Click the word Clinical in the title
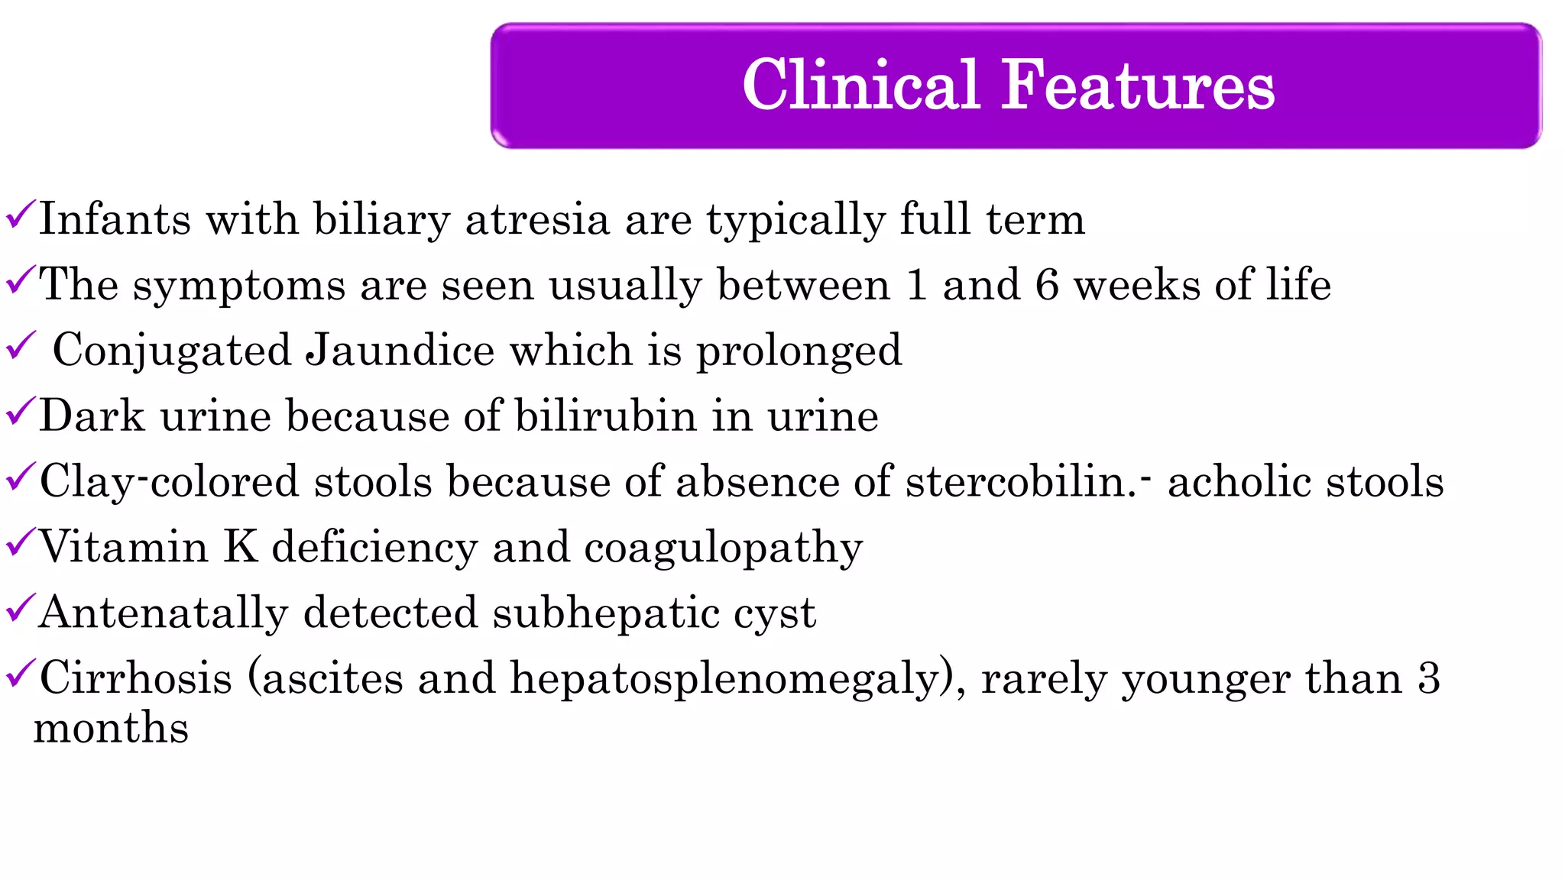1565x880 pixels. [860, 85]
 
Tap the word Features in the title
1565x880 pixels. [1138, 85]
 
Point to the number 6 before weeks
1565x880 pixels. [1047, 285]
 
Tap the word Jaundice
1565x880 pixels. [400, 351]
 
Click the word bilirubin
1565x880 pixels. [605, 416]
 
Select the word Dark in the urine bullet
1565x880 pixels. [92, 416]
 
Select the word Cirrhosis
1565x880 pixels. [135, 678]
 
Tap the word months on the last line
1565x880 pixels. [112, 728]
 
